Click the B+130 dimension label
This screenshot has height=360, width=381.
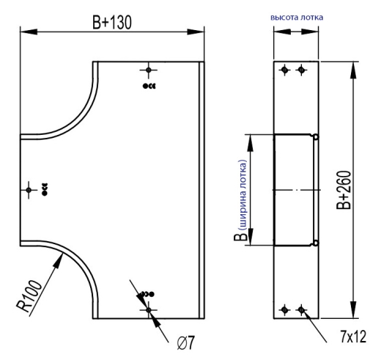tap(112, 22)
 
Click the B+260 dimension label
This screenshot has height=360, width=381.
tap(344, 190)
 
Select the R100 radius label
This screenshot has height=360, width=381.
tap(29, 296)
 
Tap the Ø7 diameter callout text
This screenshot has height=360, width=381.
tap(186, 342)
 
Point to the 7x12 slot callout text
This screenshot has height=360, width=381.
tap(353, 337)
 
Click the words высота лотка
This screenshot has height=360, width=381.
tap(297, 18)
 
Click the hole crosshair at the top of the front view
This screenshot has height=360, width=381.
tap(149, 70)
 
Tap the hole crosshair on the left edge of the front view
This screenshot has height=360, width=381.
tap(29, 190)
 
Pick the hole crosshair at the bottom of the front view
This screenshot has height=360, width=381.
tap(149, 310)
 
